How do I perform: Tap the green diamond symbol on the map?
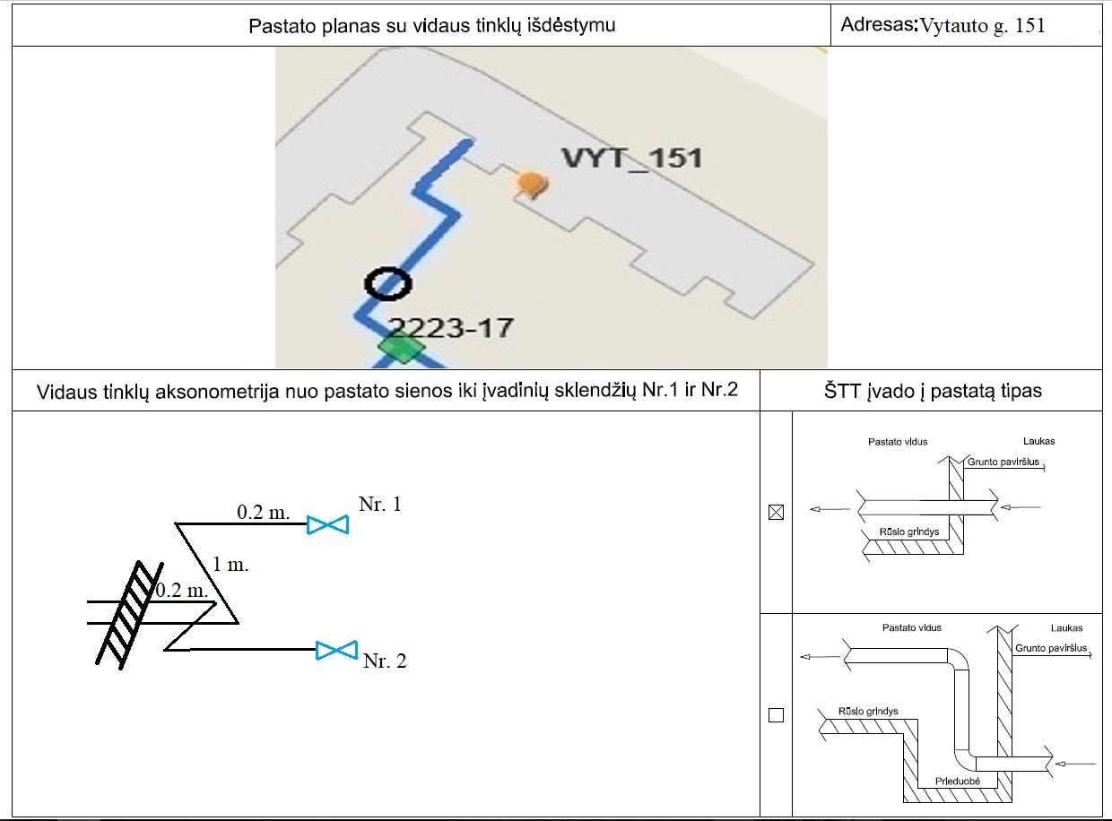coord(400,347)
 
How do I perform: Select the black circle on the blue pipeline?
coord(388,283)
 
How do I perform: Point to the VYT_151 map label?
coord(631,159)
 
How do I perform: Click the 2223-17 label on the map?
coord(450,327)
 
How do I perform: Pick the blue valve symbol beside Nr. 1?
coord(327,525)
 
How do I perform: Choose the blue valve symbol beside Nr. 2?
coord(337,651)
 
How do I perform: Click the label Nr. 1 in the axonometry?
coord(379,505)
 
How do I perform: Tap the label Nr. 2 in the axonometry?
coord(385,661)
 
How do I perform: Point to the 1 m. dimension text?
coord(230,566)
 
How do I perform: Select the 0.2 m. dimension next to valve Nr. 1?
coord(264,513)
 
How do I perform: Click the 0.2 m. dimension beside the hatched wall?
coord(182,591)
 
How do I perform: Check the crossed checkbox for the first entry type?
coord(777,513)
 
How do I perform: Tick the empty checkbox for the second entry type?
coord(777,715)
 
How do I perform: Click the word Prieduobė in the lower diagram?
coord(957,782)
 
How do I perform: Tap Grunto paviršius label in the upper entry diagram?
coord(1003,462)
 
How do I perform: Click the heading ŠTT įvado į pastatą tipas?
coord(932,391)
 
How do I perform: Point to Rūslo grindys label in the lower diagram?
coord(868,712)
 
